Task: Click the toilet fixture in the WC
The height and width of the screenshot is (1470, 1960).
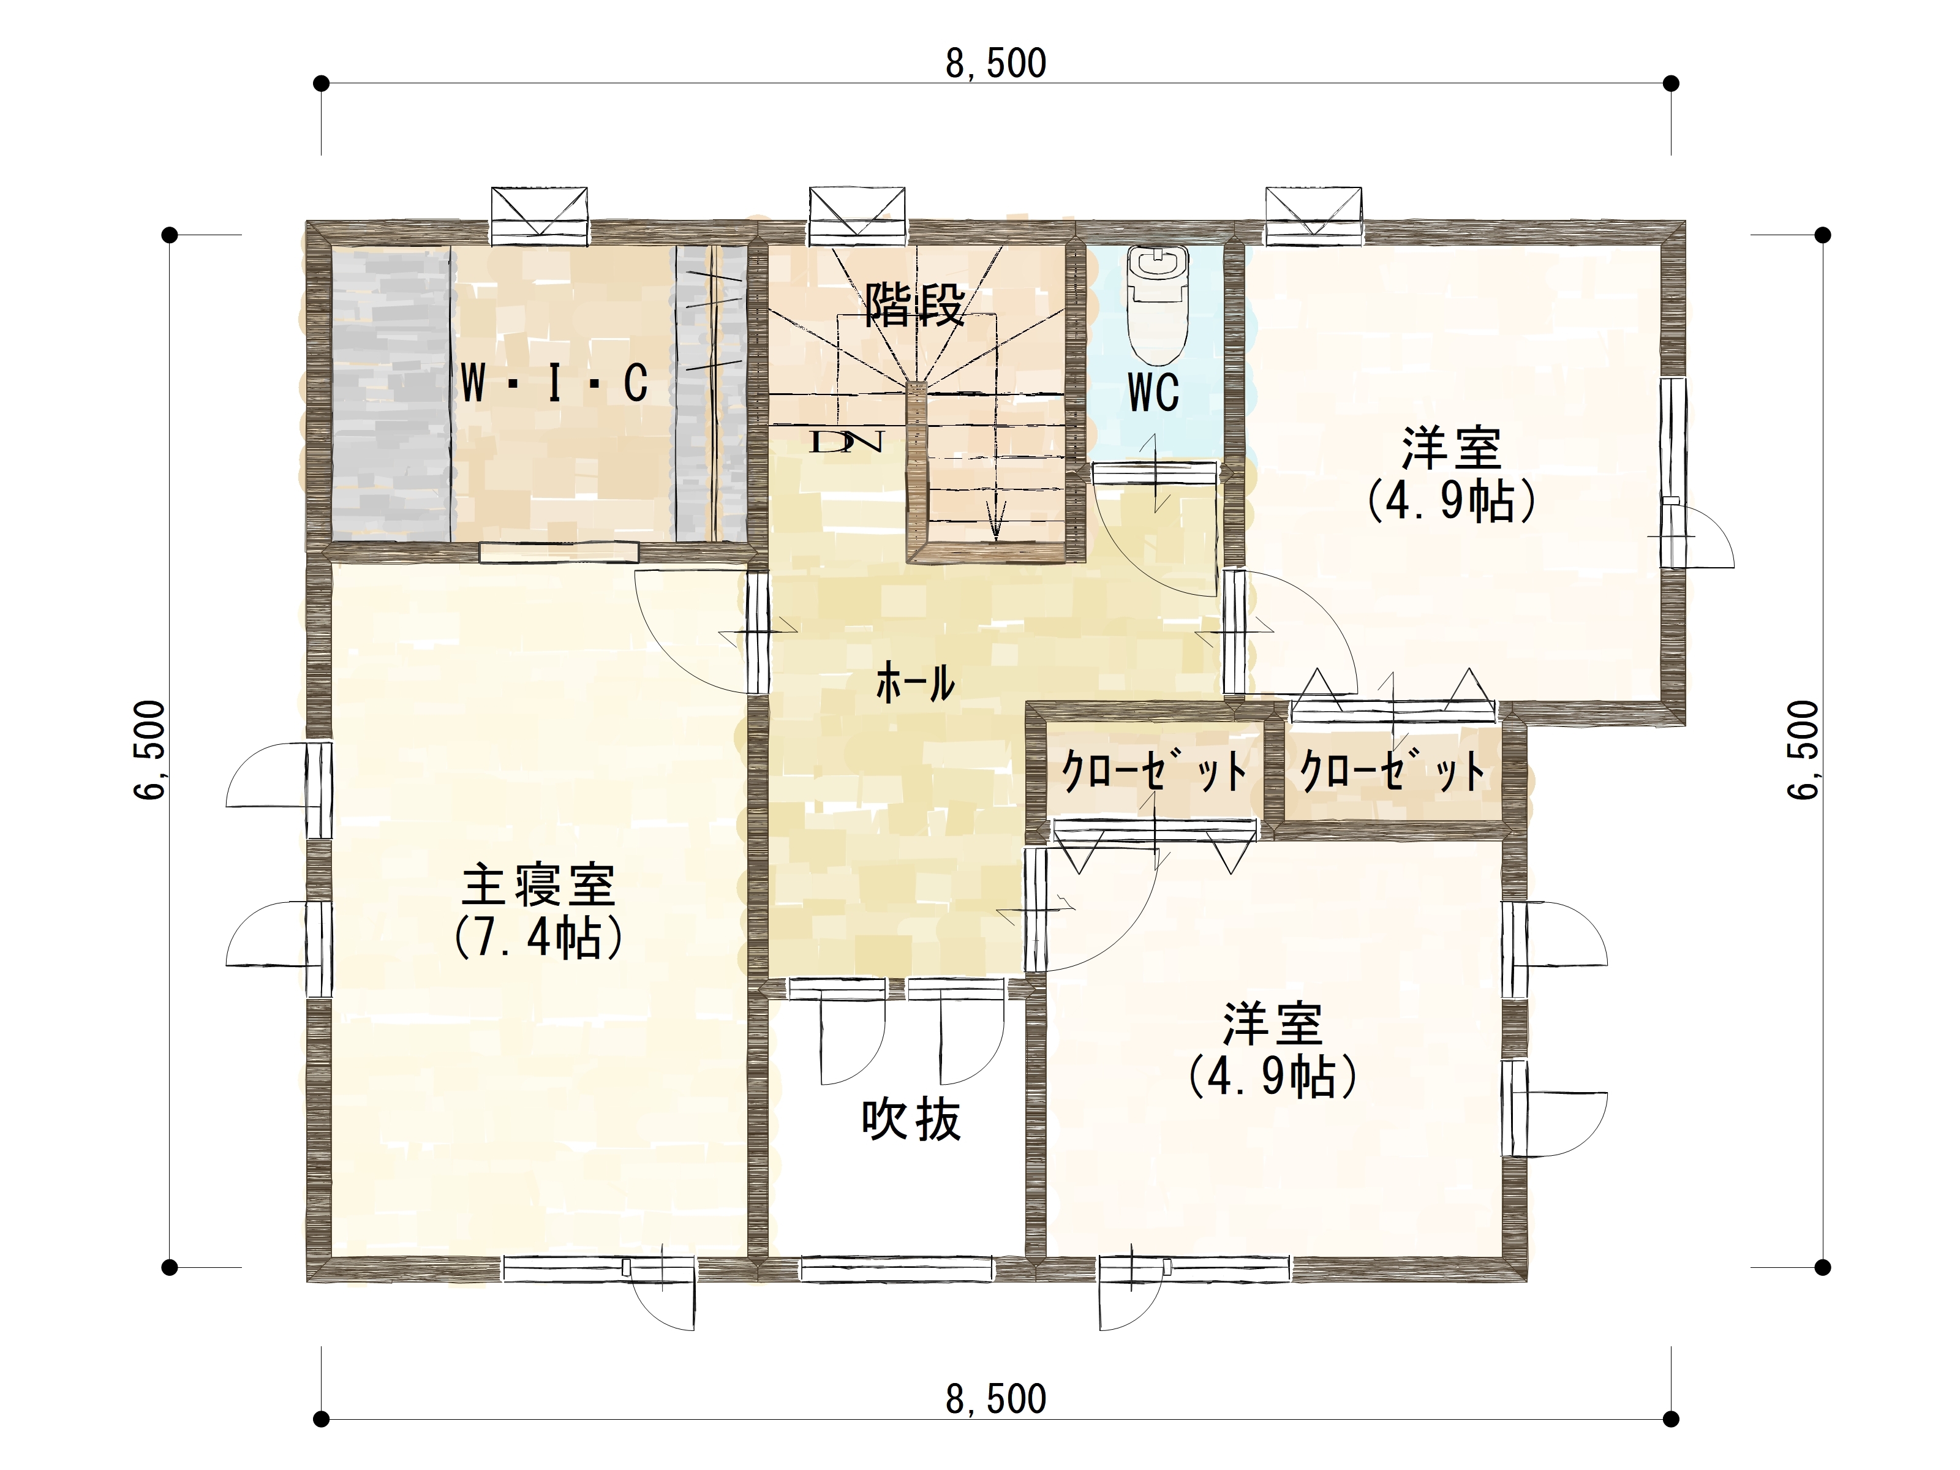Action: (1157, 304)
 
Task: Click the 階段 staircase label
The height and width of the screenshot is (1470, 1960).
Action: (914, 305)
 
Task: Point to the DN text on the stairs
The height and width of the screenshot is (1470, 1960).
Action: (846, 441)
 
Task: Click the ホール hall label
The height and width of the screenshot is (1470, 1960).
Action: (915, 683)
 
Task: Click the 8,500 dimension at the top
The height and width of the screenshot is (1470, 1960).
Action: (996, 64)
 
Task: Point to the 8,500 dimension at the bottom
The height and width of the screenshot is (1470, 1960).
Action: (996, 1399)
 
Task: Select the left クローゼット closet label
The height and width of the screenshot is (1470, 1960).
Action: (1154, 770)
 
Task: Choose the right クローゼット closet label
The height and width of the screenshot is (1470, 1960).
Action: (1392, 770)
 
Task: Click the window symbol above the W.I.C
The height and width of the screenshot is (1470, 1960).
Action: (540, 216)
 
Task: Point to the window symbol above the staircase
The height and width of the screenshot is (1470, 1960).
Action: (857, 216)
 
